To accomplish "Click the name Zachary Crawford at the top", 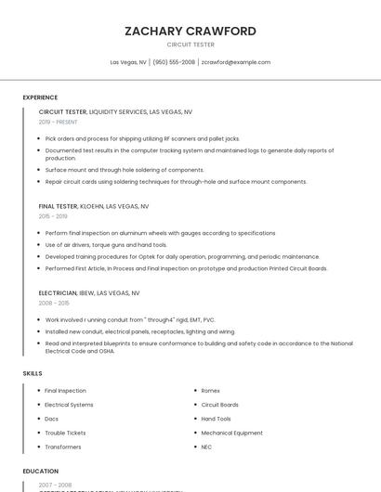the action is point(190,31).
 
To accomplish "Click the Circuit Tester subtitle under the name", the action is point(190,45).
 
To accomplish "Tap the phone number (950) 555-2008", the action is point(174,62).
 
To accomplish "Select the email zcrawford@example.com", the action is point(236,62).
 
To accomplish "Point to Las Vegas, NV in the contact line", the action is point(128,62).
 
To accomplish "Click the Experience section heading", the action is point(40,97).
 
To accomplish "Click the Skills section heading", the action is point(33,373).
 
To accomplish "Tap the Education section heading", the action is point(40,472).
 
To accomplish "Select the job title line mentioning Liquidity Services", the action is point(115,111).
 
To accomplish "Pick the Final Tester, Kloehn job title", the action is point(93,206).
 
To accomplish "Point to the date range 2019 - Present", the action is point(58,122).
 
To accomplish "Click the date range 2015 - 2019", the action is point(53,216).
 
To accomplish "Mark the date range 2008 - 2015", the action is point(54,303).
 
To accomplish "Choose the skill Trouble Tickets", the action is point(65,433).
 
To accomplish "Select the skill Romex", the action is point(211,391).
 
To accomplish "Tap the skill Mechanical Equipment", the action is point(231,433).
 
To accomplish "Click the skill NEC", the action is point(206,447).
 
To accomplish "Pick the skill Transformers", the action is point(64,447).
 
